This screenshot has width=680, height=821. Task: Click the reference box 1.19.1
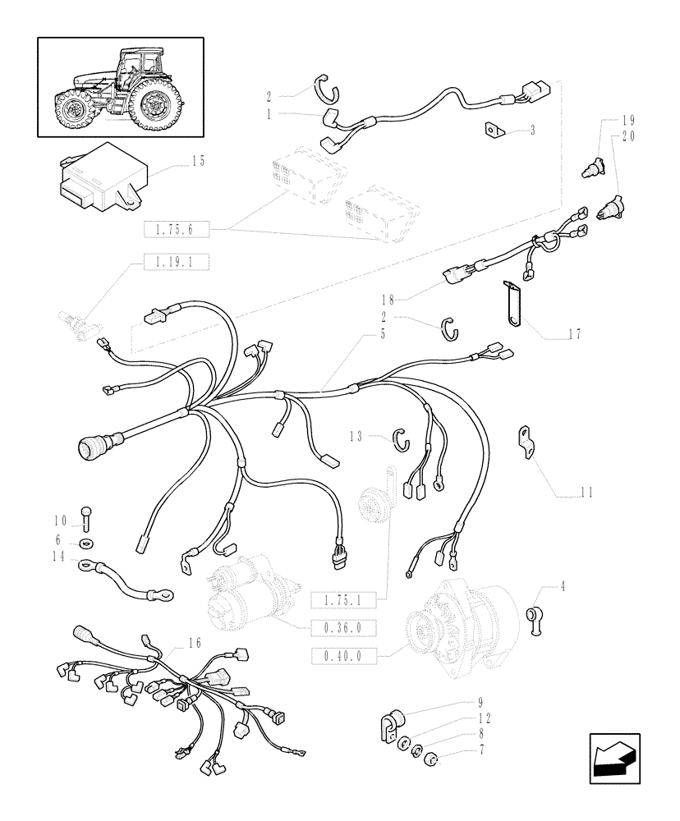[x=177, y=263]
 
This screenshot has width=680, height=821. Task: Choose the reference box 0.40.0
[x=342, y=655]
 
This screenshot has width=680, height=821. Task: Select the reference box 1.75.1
[x=342, y=601]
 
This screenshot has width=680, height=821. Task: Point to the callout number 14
[x=58, y=555]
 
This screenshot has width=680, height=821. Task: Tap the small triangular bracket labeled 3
[x=493, y=130]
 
